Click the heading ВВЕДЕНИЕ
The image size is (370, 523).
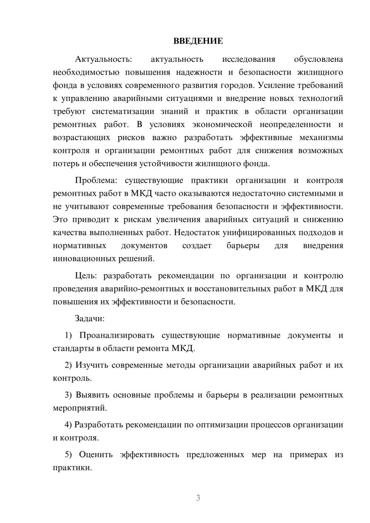coord(198,41)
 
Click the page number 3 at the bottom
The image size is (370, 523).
coord(198,498)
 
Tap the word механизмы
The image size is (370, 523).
coord(321,138)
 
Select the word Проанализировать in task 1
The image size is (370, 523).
coord(117,335)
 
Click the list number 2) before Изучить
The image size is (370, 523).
coord(68,365)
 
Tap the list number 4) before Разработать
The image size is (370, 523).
coord(68,425)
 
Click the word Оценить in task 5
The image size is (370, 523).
coord(96,455)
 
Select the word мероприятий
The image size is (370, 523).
coord(80,408)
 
